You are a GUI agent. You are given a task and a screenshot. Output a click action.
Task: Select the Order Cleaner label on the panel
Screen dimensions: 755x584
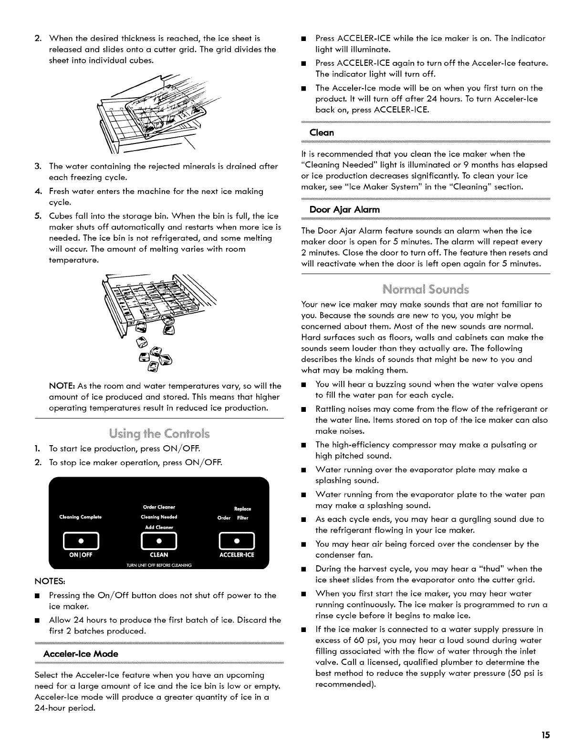tap(159, 507)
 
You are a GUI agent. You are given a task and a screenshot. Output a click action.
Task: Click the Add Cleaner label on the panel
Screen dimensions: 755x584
tap(159, 527)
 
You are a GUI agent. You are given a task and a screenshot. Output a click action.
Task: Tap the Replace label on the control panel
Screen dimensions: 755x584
tap(243, 509)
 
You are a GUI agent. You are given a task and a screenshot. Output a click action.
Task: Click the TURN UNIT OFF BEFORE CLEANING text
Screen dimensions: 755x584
tap(159, 566)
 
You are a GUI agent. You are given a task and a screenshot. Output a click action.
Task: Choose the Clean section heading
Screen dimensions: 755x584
tap(322, 132)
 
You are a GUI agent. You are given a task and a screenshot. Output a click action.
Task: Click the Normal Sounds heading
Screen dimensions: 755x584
tap(426, 289)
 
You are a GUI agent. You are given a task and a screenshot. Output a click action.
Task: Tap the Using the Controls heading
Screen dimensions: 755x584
tap(159, 434)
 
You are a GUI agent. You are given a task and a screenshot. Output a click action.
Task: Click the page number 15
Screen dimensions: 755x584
tap(545, 735)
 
